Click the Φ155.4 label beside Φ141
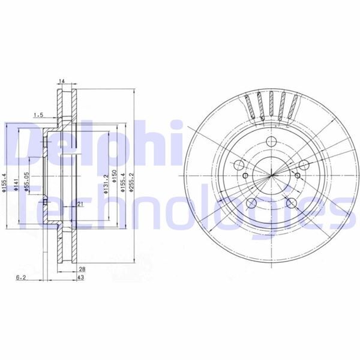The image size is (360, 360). coord(5,183)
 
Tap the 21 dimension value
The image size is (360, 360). coord(79,205)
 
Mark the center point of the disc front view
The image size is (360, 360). coord(271,175)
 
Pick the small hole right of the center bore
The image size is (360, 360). coord(298,175)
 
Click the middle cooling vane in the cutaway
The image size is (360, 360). coord(272,104)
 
